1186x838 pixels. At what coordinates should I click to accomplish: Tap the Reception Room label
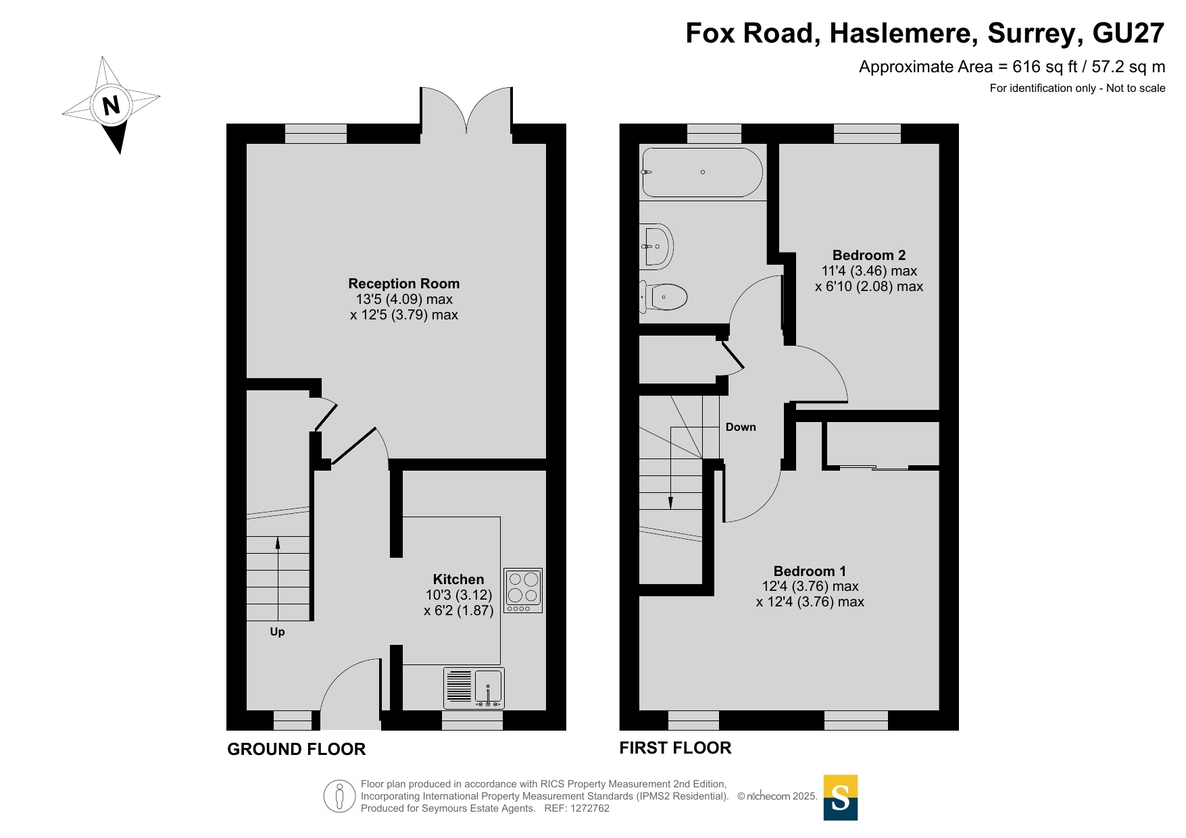tap(404, 284)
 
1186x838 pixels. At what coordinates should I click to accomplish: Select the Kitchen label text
tap(458, 579)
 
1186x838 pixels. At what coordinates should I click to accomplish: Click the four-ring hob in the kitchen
tap(523, 591)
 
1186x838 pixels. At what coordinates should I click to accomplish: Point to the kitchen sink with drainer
tap(474, 687)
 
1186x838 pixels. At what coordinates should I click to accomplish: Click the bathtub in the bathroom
tap(703, 172)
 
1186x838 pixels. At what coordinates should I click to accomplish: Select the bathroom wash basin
tap(656, 246)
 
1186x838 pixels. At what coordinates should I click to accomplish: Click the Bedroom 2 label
tap(869, 255)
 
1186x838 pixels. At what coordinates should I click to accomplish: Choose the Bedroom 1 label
tap(810, 571)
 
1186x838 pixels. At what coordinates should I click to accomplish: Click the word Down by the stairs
tap(741, 427)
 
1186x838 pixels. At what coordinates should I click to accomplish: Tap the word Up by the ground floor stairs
tap(277, 632)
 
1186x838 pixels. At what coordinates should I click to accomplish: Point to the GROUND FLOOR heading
tap(296, 749)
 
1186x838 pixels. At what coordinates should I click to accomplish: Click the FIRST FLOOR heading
tap(675, 748)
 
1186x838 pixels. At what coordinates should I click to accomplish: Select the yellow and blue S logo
tap(841, 797)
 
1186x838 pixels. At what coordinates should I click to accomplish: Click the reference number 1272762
tap(590, 808)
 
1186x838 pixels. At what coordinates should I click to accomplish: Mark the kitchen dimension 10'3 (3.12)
tap(459, 595)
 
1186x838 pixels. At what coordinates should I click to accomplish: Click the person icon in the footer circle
tap(339, 796)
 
